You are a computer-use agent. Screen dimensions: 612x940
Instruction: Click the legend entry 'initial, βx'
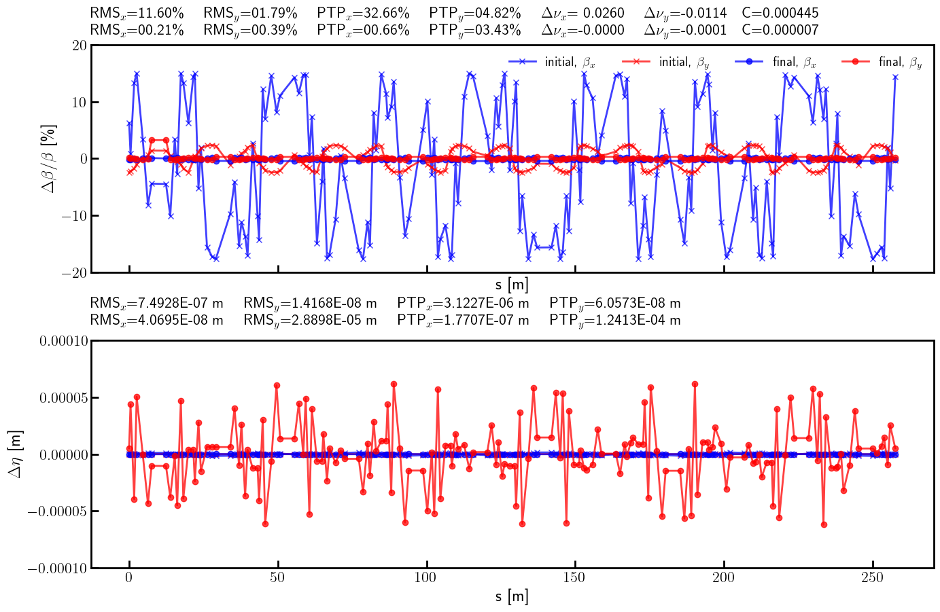click(570, 62)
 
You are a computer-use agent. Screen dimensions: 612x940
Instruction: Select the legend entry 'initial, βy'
click(684, 62)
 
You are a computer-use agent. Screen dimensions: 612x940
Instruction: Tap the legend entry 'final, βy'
click(900, 62)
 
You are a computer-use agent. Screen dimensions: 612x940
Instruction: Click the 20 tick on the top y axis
click(78, 46)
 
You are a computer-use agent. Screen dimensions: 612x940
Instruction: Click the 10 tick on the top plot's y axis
click(78, 102)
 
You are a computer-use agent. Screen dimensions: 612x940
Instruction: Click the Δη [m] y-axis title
click(15, 454)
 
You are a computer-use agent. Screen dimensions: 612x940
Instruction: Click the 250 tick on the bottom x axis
click(872, 577)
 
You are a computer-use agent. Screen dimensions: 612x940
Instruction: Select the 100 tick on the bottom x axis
click(427, 577)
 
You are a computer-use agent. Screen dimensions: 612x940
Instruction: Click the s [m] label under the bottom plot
click(512, 597)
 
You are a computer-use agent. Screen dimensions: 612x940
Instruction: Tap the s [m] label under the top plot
click(512, 285)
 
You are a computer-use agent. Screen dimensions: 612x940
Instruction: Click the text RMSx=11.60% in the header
click(137, 13)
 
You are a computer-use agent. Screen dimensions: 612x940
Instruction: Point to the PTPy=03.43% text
click(475, 30)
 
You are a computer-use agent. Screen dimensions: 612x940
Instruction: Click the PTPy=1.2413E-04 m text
click(614, 320)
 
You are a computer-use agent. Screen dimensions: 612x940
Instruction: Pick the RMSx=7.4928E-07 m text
click(156, 303)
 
